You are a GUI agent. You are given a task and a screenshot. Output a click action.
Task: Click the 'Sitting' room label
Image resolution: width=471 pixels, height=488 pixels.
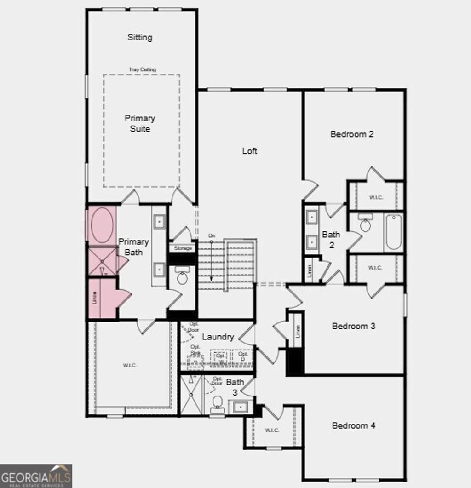pos(140,37)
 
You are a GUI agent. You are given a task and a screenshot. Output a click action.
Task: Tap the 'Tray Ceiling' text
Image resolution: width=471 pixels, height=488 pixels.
pos(142,69)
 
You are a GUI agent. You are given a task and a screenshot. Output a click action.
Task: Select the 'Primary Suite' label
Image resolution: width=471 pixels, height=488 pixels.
pos(140,123)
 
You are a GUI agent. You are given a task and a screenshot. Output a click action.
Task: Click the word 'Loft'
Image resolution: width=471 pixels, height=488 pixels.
pos(250,151)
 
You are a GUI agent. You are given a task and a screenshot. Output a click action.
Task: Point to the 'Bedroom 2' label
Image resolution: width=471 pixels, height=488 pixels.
pos(352,134)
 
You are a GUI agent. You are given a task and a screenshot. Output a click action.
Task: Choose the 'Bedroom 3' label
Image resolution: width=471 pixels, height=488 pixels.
pos(354,326)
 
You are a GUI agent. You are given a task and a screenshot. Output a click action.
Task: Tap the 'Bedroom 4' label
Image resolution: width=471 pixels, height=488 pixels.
pos(354,425)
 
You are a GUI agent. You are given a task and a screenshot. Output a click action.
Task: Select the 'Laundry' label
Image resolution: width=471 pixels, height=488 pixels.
pos(218,337)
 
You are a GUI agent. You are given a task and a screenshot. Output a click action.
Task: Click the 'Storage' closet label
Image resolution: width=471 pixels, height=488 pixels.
pos(183,248)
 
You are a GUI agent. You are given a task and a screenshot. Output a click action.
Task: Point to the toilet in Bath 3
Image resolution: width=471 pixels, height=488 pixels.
pos(217,403)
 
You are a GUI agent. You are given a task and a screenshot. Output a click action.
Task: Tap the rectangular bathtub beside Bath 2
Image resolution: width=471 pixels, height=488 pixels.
pos(394,232)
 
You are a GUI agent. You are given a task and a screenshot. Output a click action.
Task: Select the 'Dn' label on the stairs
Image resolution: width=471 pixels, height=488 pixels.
pos(212,235)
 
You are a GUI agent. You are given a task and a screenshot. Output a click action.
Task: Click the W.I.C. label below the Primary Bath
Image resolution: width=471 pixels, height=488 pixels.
pos(130,365)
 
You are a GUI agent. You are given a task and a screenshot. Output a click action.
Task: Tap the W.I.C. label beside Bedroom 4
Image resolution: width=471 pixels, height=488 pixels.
pos(272,430)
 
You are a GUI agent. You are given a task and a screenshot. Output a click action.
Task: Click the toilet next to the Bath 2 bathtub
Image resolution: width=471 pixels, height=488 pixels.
pos(366,224)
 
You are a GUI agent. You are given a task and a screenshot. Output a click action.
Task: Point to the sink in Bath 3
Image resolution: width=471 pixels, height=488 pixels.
pos(241,407)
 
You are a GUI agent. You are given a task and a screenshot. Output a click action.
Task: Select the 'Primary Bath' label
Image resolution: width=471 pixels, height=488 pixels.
pos(134,247)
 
